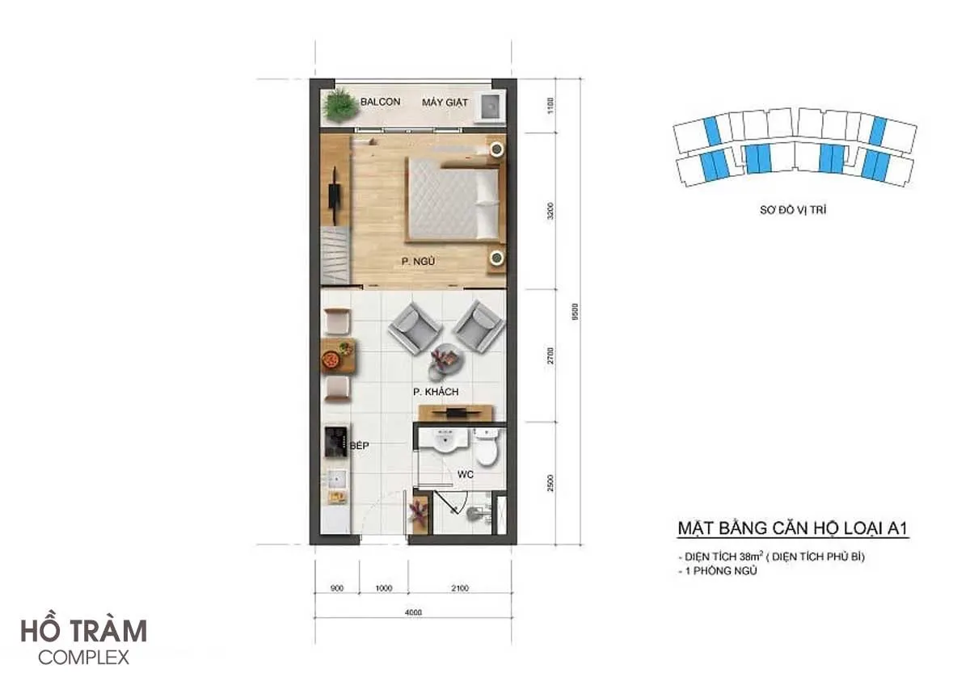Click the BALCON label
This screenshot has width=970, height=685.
pos(380,103)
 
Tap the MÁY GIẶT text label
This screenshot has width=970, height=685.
pos(445,103)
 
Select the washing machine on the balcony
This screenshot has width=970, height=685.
pos(490,107)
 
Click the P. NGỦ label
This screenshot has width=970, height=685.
pos(417,261)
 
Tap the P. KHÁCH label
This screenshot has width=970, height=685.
pos(436,393)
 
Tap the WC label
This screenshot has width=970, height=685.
pos(465,475)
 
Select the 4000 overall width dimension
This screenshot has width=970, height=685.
pos(413,612)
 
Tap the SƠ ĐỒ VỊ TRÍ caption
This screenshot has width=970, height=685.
pos(792,210)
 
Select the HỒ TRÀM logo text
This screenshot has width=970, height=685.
pos(84,631)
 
